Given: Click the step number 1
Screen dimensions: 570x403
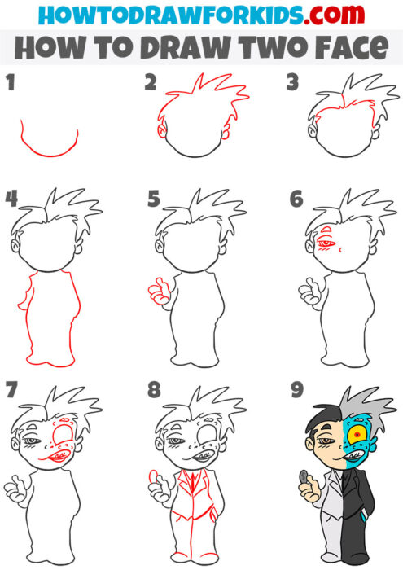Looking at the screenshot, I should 11,82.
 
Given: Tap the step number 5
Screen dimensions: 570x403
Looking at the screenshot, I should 153,199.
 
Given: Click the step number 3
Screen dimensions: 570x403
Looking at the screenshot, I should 292,82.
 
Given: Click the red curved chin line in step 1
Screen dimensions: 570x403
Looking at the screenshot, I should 49,151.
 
